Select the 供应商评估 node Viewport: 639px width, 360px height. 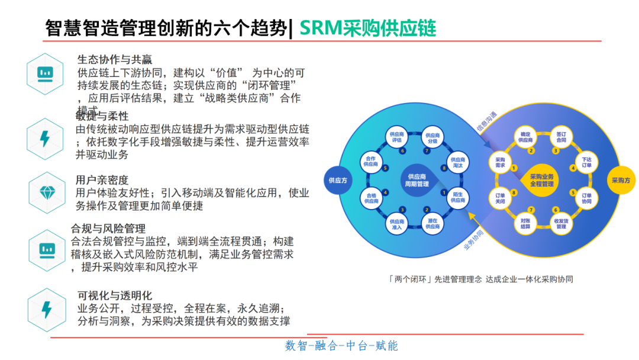click(x=397, y=138)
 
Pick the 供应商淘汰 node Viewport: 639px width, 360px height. click(x=457, y=163)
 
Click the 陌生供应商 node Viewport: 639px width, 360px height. click(x=457, y=197)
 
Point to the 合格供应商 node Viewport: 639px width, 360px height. click(x=371, y=197)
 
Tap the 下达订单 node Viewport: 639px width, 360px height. click(x=586, y=163)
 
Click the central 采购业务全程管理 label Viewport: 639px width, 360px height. click(x=542, y=180)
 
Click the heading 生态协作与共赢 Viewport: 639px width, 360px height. click(x=115, y=59)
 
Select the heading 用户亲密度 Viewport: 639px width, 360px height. click(x=102, y=180)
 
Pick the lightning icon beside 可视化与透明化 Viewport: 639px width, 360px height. click(x=46, y=309)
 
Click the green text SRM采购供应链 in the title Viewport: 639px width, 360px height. click(x=368, y=27)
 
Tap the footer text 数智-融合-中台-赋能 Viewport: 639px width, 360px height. click(x=341, y=346)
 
